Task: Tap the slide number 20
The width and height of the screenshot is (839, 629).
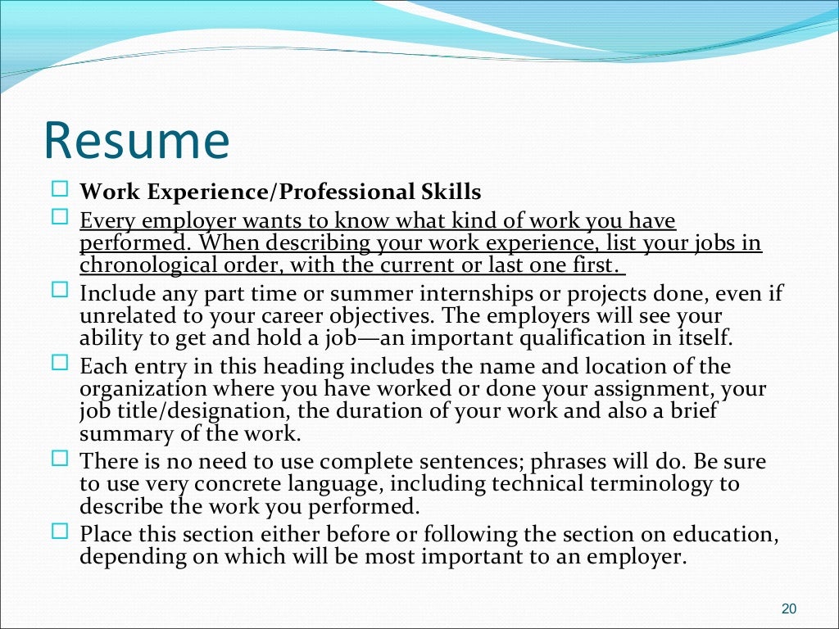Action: [789, 609]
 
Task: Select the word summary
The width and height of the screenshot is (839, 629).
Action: [121, 432]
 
